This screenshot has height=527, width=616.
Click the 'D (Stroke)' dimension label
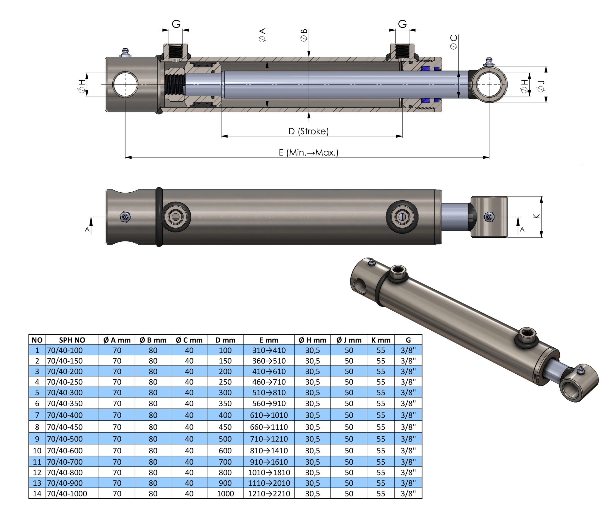(x=308, y=131)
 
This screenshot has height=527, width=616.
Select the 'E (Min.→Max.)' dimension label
(x=308, y=153)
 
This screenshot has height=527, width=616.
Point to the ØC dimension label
(x=454, y=42)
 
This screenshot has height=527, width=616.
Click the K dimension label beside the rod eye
(x=537, y=216)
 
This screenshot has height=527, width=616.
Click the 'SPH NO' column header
(x=72, y=340)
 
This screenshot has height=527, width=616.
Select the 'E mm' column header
(x=269, y=340)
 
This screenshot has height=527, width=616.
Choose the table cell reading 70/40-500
(x=65, y=439)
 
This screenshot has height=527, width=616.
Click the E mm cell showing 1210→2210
(x=269, y=494)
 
